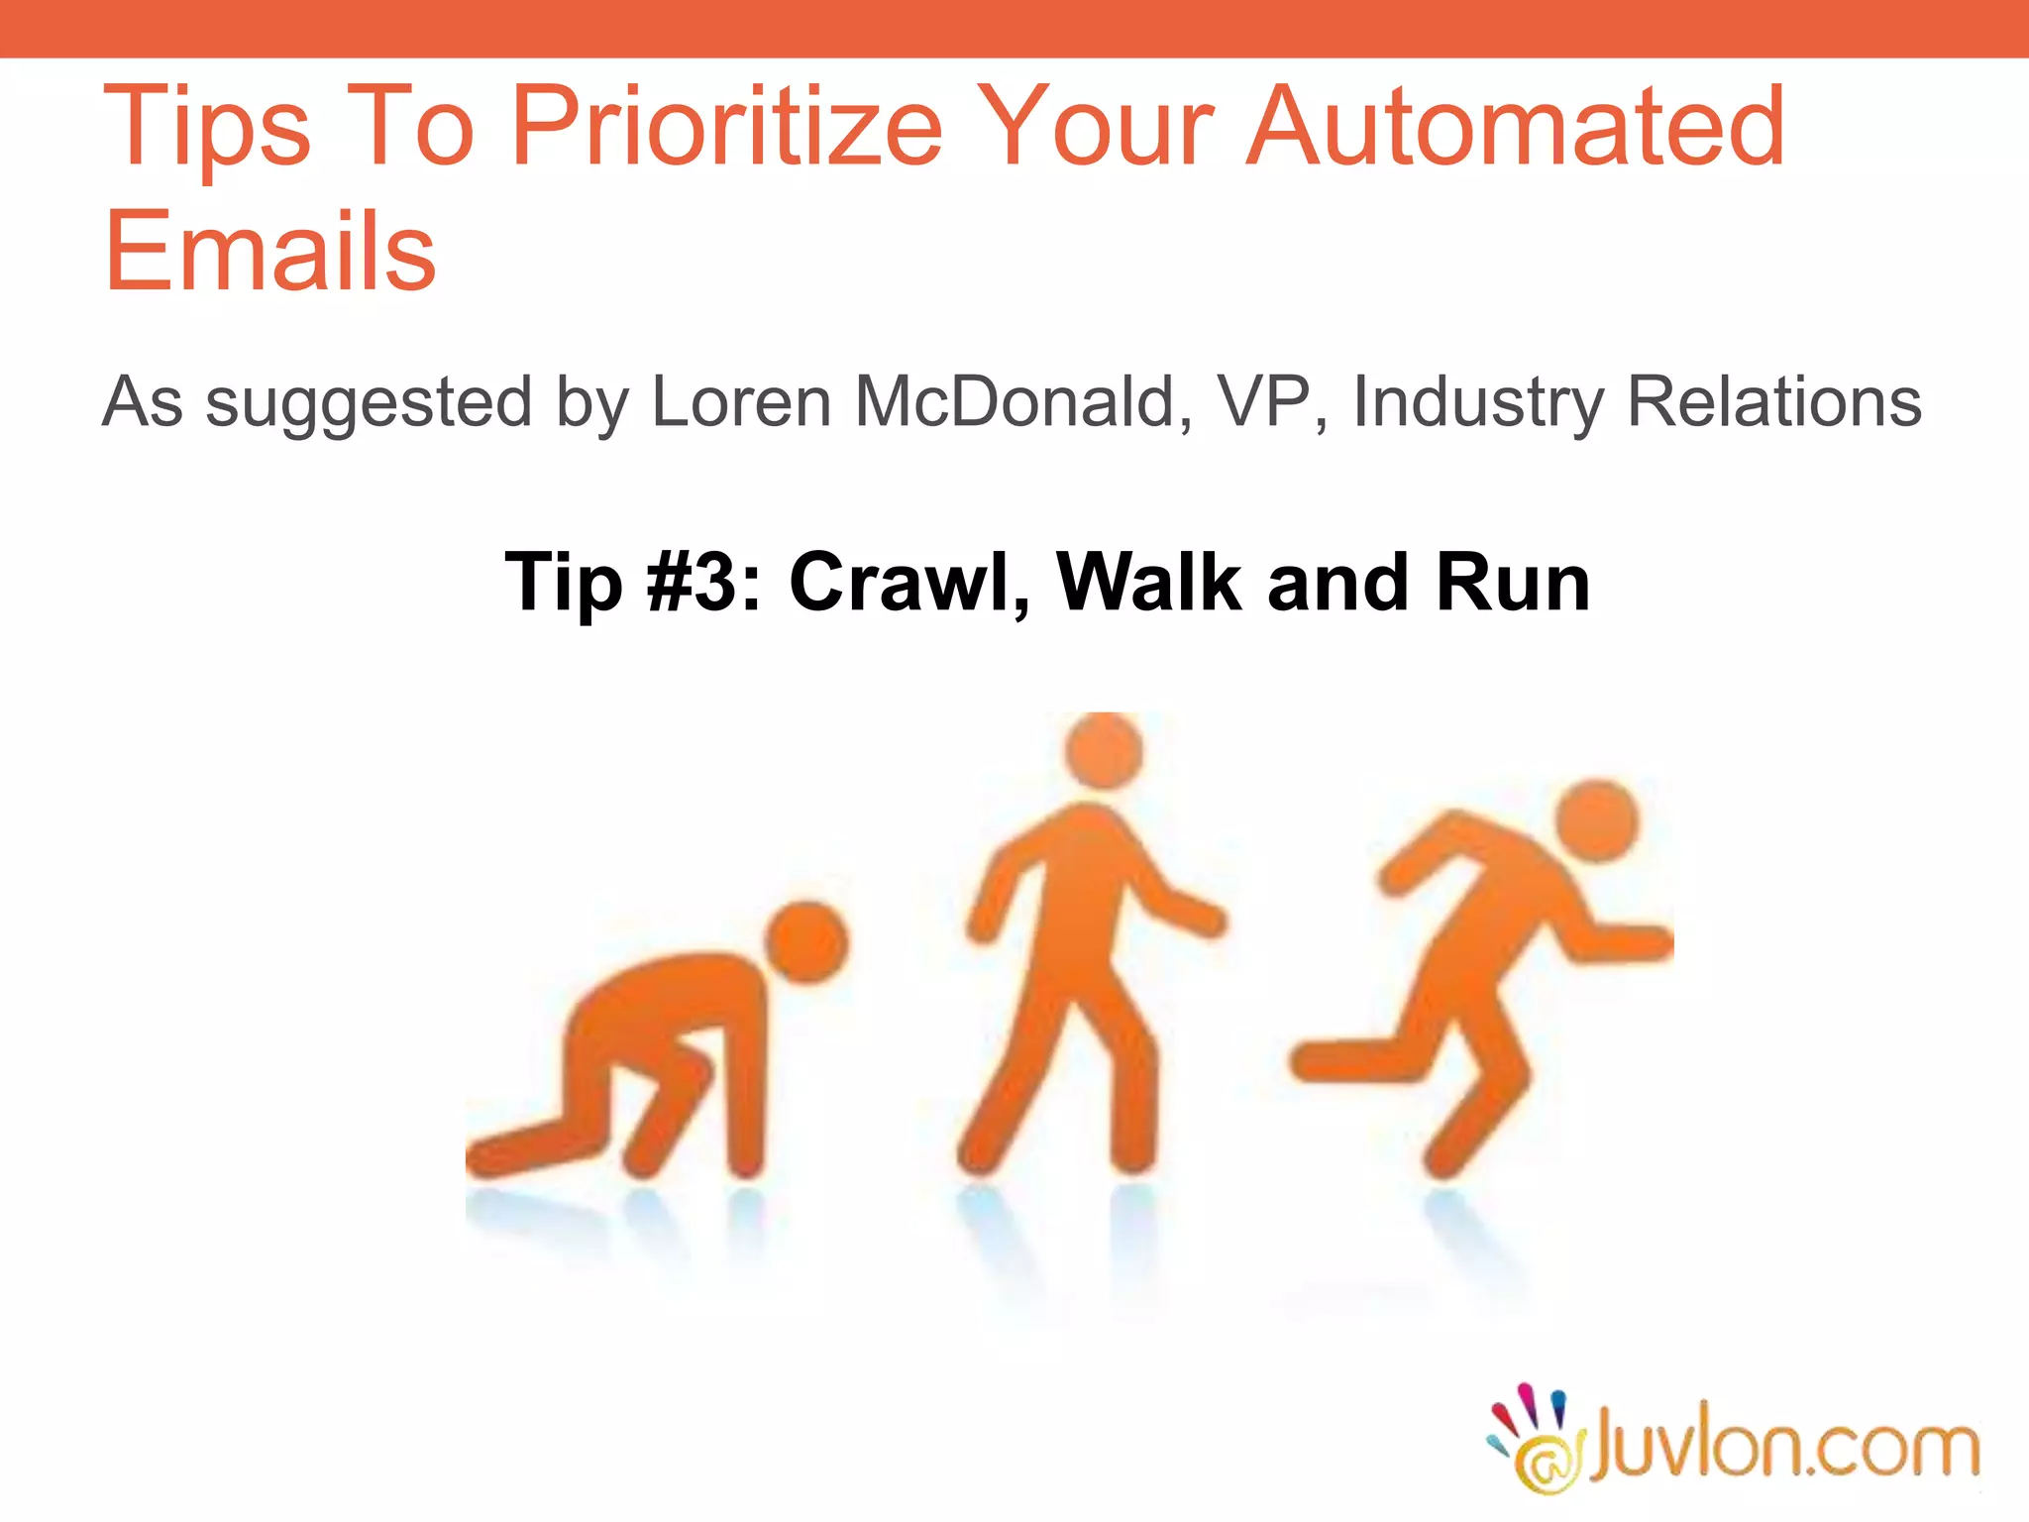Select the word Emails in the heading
pyautogui.click(x=269, y=252)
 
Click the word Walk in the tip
pyautogui.click(x=1149, y=582)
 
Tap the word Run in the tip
pyautogui.click(x=1512, y=582)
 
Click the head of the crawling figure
pyautogui.click(x=807, y=941)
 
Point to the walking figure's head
pyautogui.click(x=1104, y=750)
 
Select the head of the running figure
pyautogui.click(x=1596, y=820)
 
